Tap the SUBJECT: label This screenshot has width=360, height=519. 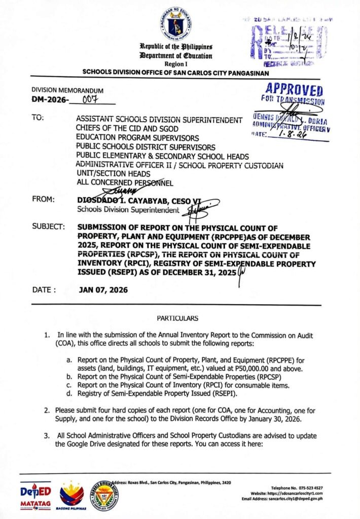tap(48, 227)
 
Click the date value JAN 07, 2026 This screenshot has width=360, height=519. tap(103, 290)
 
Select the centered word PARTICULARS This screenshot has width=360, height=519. tap(177, 318)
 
